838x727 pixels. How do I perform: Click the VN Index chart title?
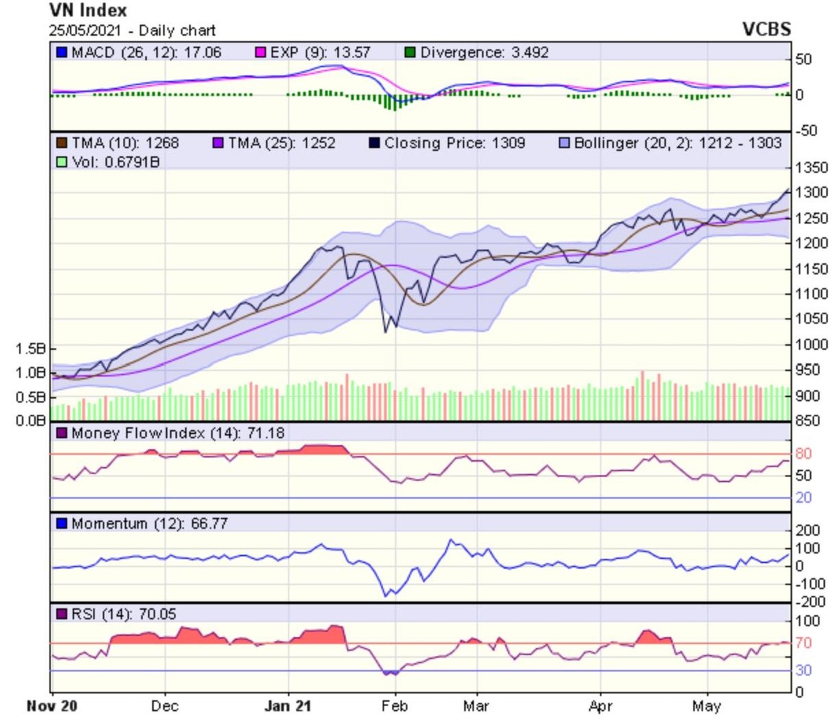(88, 10)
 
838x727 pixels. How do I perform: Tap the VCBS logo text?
(766, 29)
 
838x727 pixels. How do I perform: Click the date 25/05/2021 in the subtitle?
(84, 31)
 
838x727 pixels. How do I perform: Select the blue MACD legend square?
(62, 52)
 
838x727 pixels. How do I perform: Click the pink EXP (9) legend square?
(260, 52)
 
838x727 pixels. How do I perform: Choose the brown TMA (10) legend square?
(62, 143)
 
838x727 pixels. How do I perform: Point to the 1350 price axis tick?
(811, 168)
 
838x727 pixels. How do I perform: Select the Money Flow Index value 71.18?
(266, 433)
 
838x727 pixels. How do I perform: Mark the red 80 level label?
(804, 454)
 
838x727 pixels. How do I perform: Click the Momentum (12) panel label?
(110, 523)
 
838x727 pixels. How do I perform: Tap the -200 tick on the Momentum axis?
(810, 602)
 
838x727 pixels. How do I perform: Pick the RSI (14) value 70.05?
(157, 614)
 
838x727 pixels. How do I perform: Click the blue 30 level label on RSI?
(804, 670)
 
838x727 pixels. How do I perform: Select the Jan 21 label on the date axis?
(287, 706)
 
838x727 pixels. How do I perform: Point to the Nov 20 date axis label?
(52, 706)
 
